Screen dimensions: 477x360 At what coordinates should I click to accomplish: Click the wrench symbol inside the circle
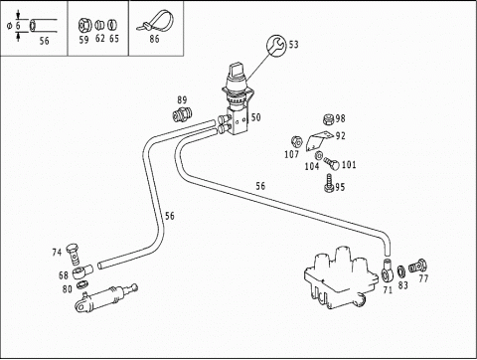pos(276,46)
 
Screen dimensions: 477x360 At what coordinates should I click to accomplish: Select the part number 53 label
pos(293,45)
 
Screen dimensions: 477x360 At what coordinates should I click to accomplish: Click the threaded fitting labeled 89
pos(182,114)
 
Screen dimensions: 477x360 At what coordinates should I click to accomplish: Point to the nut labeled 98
pos(328,119)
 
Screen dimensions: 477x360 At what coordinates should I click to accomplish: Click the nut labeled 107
pos(296,142)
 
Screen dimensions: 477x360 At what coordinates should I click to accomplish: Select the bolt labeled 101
pos(332,163)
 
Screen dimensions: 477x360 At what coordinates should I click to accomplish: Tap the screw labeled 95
pos(329,183)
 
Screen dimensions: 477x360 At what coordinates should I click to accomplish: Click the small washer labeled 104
pos(319,155)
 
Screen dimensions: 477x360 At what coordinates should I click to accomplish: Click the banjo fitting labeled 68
pos(82,271)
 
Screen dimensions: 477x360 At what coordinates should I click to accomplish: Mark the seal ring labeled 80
pos(81,285)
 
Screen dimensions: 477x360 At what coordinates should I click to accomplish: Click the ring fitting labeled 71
pos(387,270)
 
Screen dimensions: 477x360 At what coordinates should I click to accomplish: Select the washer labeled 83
pos(401,271)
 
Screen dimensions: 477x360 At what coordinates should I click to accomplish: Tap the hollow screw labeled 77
pos(417,266)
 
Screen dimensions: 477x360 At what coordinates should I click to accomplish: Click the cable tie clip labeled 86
pos(157,21)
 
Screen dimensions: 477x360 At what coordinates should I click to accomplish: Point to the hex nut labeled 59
pos(83,25)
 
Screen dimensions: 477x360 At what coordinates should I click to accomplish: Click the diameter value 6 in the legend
pos(18,25)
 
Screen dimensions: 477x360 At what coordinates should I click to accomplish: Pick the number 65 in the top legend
pos(114,39)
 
